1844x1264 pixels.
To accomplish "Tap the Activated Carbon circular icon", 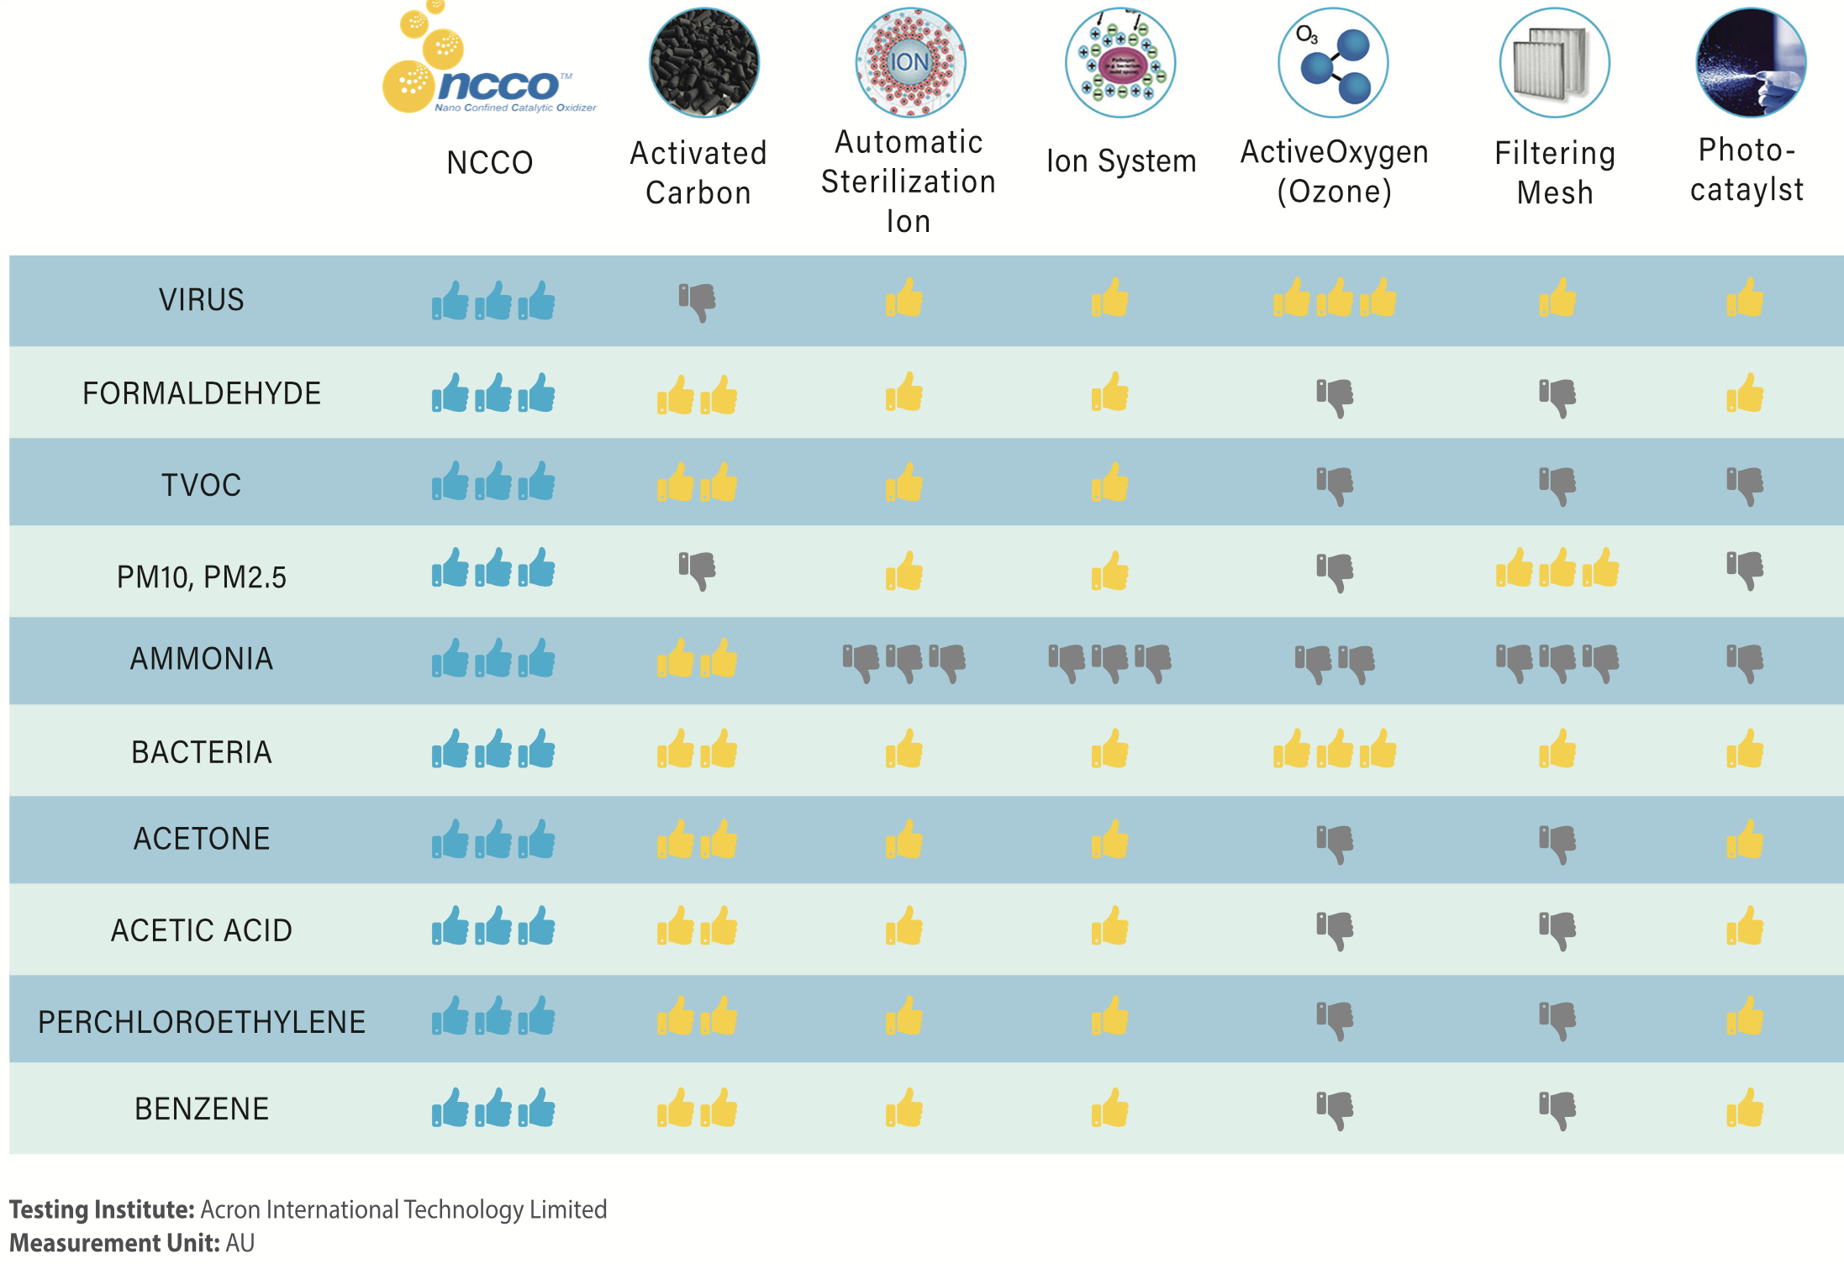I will coord(703,63).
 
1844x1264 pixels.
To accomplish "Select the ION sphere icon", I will coord(910,63).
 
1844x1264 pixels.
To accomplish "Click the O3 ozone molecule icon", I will coord(1333,63).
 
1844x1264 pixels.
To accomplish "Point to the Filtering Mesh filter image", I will coord(1554,63).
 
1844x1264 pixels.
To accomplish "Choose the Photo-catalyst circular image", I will coord(1750,63).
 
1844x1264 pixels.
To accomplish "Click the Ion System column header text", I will coord(1120,161).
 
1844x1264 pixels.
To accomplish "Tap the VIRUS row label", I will coord(202,300).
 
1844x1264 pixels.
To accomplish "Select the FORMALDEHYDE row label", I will coord(202,393).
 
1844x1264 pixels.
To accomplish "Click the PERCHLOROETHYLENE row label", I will coord(202,1022).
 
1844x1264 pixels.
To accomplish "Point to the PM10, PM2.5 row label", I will coord(202,577).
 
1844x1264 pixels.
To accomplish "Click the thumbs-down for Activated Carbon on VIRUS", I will coord(698,302).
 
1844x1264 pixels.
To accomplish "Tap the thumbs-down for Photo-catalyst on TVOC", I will coord(1745,486).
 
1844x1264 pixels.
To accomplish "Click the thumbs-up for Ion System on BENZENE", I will coord(1110,1108).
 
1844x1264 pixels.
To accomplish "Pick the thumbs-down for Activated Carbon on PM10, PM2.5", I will coord(698,571).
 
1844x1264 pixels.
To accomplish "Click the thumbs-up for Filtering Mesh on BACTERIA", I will coord(1557,749).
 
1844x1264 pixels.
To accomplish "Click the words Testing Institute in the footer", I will coord(102,1209).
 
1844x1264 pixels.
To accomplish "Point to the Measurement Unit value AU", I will coord(240,1243).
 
